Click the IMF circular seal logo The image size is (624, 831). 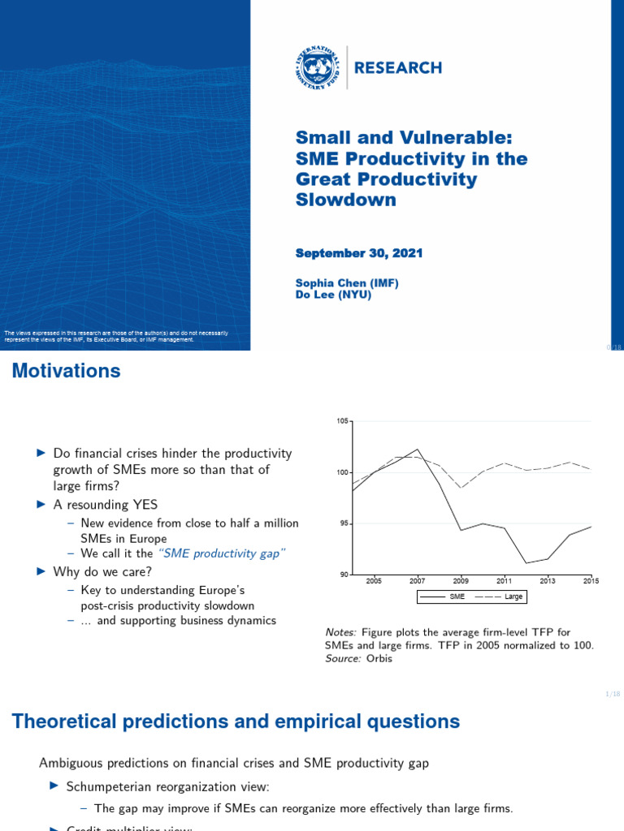(318, 67)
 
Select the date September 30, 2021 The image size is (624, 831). (358, 253)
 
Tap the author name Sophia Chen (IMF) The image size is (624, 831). (347, 282)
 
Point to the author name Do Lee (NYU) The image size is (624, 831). (333, 295)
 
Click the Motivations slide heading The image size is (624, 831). (66, 372)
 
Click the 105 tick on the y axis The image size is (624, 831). (341, 421)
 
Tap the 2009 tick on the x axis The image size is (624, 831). (460, 581)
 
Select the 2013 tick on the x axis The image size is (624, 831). (547, 581)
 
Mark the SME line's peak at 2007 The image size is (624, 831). (417, 449)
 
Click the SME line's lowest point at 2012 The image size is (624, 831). (526, 562)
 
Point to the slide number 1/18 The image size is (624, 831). (613, 694)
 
